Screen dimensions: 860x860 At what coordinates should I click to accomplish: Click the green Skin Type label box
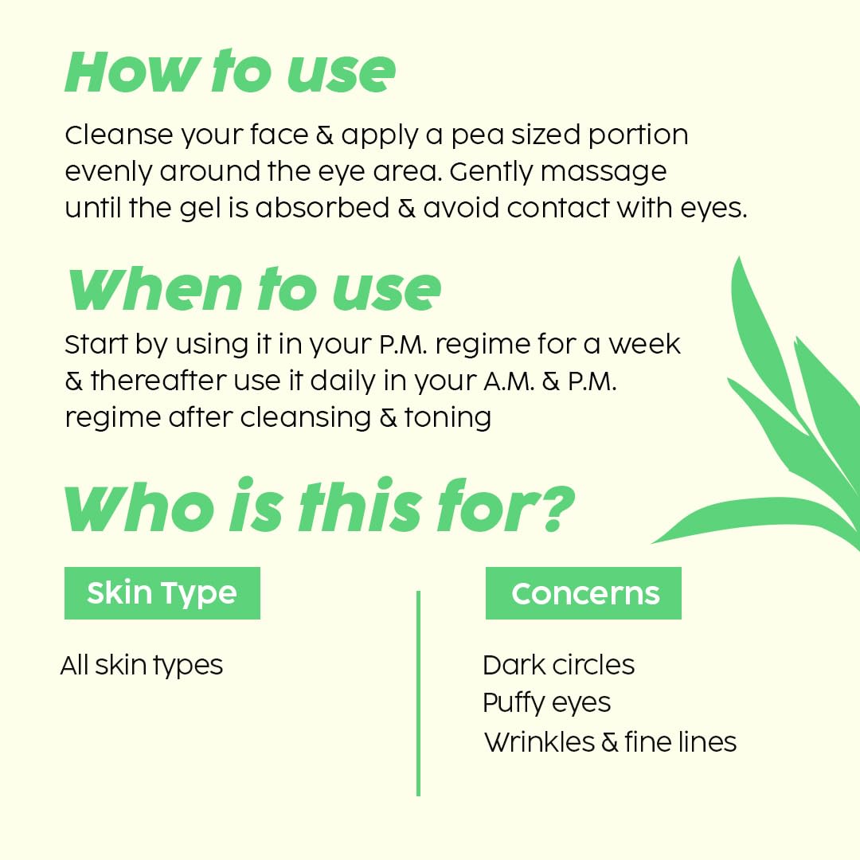coord(162,593)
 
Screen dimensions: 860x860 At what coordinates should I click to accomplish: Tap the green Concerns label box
coord(584,593)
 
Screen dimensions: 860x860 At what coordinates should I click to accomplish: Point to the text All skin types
coord(142,665)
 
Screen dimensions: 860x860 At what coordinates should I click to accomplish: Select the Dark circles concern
coord(558,665)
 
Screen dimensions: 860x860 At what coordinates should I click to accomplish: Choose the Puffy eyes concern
coord(546,703)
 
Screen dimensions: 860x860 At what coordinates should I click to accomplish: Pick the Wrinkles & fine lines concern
coord(610,742)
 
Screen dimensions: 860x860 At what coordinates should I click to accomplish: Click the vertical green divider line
coord(418,693)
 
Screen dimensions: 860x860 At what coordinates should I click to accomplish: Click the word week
coord(645,345)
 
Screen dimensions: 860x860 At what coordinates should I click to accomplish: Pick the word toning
coord(448,417)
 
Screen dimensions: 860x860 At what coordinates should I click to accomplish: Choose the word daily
coord(342,381)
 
